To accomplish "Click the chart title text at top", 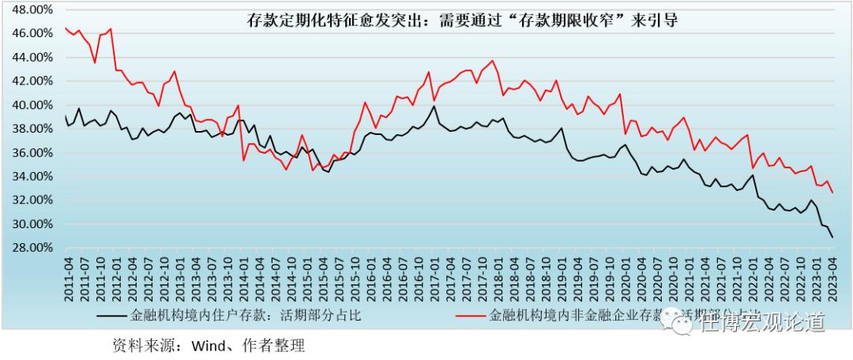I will coord(463,21).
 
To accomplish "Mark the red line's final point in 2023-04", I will coord(832,193).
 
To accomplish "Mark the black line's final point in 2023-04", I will coord(832,238).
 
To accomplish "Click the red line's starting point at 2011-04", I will coord(66,28).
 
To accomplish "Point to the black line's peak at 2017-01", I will coord(434,106).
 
